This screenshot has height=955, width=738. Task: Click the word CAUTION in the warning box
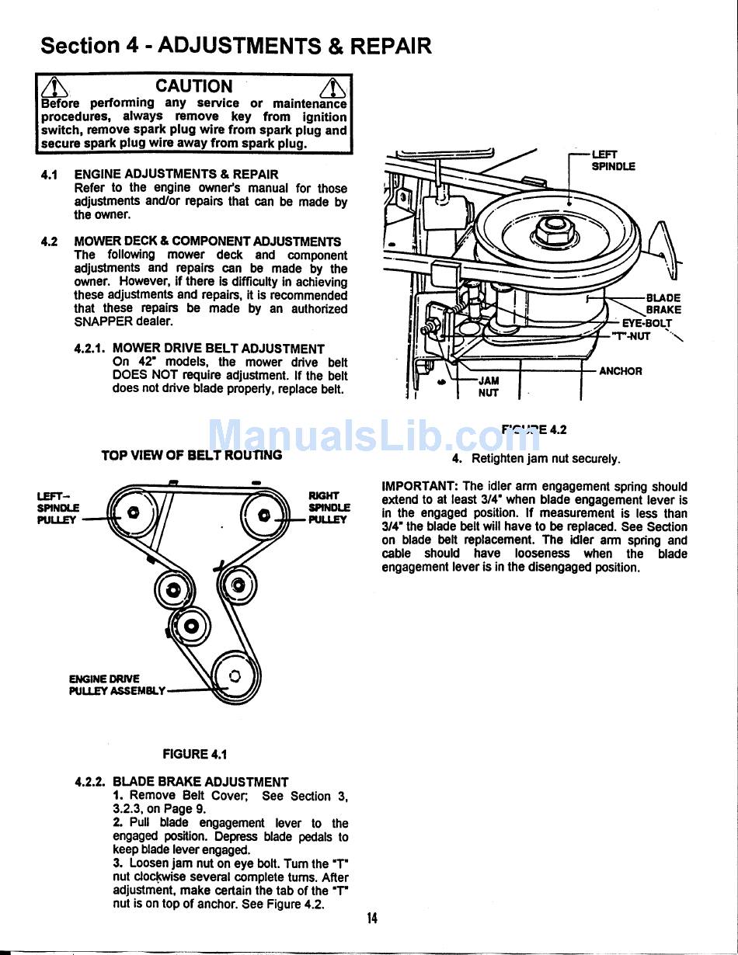tap(193, 86)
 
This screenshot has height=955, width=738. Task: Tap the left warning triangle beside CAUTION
tap(54, 88)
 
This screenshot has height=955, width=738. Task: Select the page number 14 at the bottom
tap(372, 919)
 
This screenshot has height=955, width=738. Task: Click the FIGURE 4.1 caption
tap(194, 754)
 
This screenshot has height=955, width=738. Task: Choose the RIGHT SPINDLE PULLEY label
tap(329, 507)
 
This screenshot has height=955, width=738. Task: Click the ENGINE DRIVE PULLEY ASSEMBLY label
tap(117, 684)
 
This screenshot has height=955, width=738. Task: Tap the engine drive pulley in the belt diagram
tap(235, 676)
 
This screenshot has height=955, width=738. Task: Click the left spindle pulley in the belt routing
tap(134, 512)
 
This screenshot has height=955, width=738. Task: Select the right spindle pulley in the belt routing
tap(264, 514)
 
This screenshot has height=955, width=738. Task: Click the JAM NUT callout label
tap(489, 387)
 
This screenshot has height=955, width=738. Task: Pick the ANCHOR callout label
tap(621, 371)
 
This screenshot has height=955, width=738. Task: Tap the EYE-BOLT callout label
tap(646, 323)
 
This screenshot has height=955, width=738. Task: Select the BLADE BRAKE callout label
tap(663, 304)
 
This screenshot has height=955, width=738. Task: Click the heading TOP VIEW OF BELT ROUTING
tap(191, 456)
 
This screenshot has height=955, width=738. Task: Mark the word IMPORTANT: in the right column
tap(420, 487)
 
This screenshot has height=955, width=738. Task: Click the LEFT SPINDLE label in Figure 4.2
tap(613, 160)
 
